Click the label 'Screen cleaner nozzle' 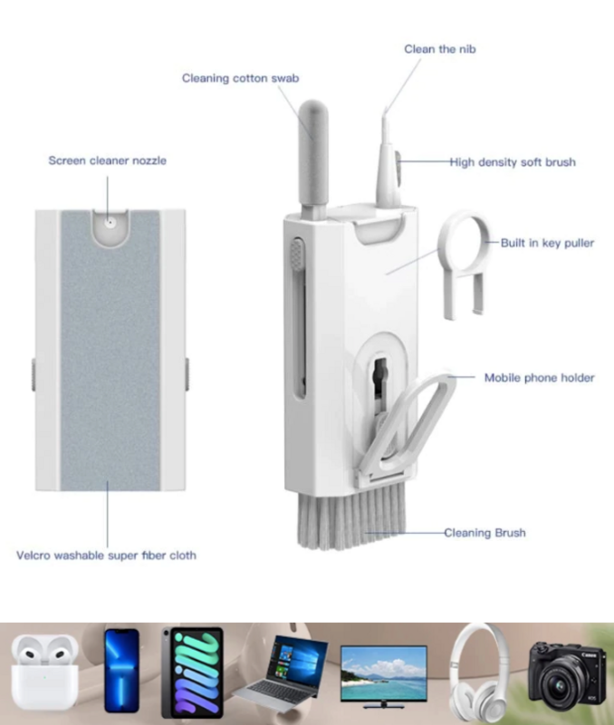click(x=107, y=160)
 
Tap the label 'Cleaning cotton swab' click(x=240, y=78)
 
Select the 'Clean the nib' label click(x=440, y=49)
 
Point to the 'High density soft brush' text click(x=513, y=162)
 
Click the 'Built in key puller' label click(x=548, y=243)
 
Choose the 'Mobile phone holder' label click(x=539, y=378)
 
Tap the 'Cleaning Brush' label click(x=484, y=533)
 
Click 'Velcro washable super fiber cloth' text click(x=106, y=556)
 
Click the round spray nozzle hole click(x=110, y=222)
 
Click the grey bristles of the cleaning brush click(x=352, y=516)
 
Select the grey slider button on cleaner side click(x=297, y=254)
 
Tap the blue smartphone click(x=121, y=671)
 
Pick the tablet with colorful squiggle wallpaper click(x=193, y=672)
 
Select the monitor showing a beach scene click(x=383, y=676)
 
